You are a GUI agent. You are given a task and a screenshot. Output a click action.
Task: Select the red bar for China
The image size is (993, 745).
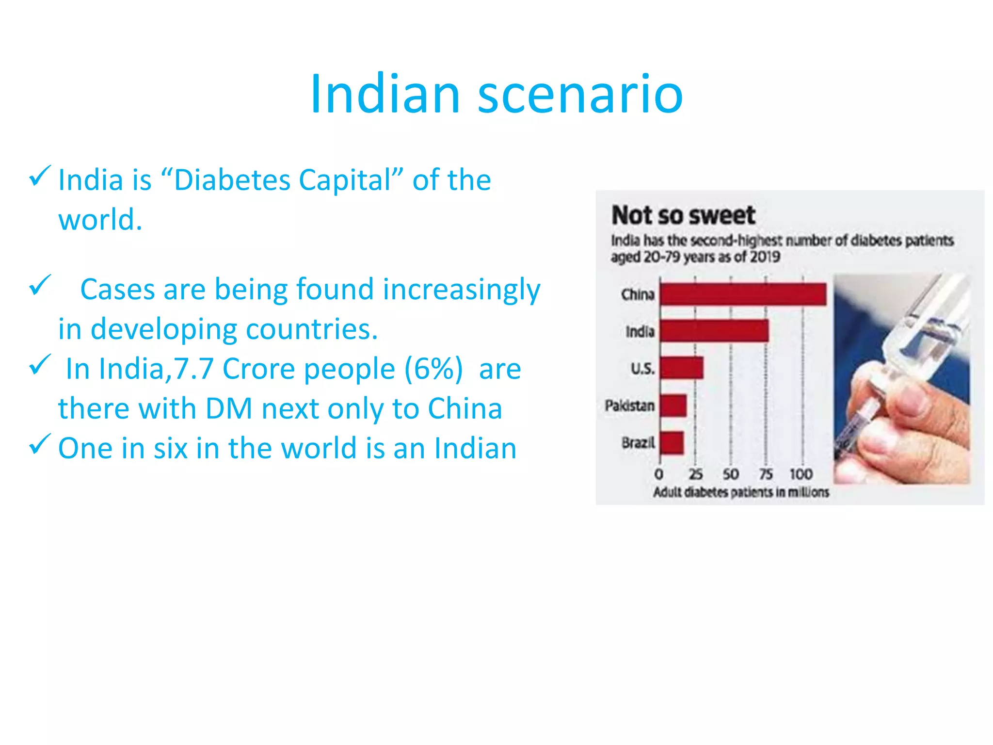tap(743, 294)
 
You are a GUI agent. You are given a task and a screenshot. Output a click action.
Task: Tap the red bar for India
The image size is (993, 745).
tap(714, 331)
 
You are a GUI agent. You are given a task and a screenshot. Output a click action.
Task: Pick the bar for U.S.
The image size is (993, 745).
tap(681, 368)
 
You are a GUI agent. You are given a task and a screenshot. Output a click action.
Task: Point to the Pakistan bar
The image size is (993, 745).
tap(673, 405)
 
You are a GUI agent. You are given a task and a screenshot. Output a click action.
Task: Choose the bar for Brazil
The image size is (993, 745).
tap(672, 443)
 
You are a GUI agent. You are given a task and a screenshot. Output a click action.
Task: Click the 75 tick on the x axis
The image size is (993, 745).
tap(766, 474)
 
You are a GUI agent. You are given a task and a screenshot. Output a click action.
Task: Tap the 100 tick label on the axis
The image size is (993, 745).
tap(801, 474)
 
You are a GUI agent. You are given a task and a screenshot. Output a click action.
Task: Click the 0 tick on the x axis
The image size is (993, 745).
tap(658, 474)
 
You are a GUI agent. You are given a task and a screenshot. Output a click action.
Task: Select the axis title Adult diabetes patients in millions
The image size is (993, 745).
tap(741, 492)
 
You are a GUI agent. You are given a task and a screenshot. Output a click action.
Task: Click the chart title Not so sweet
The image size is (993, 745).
tap(683, 215)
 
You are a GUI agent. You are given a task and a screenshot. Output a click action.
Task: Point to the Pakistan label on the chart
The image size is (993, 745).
tap(629, 405)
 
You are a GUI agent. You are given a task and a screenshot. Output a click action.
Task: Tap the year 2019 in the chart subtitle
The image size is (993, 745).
tap(765, 257)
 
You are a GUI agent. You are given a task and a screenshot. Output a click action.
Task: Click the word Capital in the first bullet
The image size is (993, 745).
tap(345, 180)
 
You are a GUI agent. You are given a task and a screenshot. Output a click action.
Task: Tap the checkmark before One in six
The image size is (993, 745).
tap(40, 444)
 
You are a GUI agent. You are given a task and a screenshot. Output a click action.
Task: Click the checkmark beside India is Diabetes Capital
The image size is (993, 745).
tap(40, 176)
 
